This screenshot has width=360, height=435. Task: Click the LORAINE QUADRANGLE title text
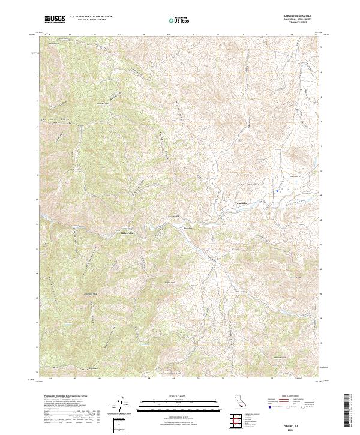point(302,16)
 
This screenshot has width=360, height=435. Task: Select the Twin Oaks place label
point(240,203)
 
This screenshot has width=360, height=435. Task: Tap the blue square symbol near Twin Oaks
point(277,191)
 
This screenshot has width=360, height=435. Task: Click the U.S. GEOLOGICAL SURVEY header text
point(82,20)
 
